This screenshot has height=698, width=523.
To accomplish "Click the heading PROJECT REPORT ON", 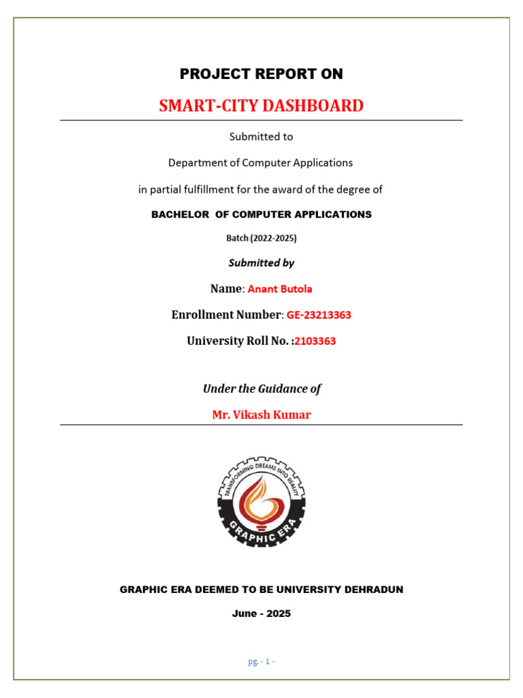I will point(261,74).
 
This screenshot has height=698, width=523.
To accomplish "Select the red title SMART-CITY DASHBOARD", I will point(261,106).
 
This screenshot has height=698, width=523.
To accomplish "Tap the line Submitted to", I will point(261,136).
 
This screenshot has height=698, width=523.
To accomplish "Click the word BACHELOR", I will point(180,214).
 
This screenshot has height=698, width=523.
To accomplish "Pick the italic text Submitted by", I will point(261,262).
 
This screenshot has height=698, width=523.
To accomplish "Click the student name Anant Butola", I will point(280,289).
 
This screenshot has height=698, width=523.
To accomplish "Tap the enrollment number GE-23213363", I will point(318,315).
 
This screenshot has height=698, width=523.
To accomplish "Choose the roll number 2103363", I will point(315,341).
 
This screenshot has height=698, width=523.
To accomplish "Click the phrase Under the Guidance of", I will point(261,389).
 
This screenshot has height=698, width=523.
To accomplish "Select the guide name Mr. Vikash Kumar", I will point(261,414).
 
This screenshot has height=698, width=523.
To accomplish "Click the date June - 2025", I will point(261,613).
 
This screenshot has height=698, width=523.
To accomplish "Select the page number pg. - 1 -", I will point(261,661).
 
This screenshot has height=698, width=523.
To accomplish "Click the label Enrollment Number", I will point(225,315).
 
